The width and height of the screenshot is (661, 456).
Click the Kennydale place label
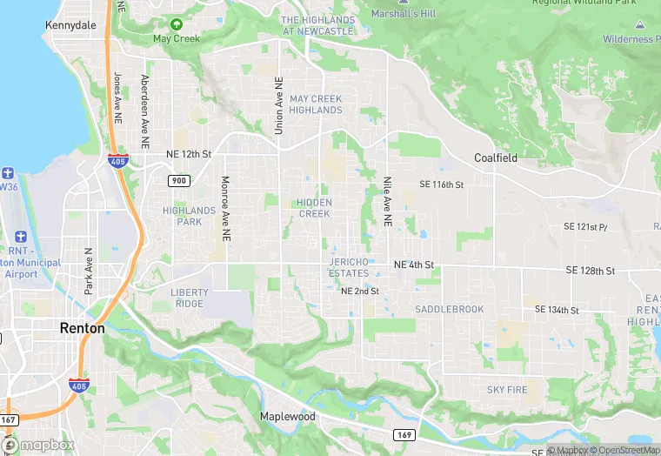pyautogui.click(x=70, y=26)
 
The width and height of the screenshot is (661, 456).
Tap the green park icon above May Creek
pyautogui.click(x=177, y=24)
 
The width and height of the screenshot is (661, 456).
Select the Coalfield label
pyautogui.click(x=496, y=158)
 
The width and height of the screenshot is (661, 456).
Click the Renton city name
pyautogui.click(x=82, y=328)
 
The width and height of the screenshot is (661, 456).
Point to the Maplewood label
pyautogui.click(x=288, y=417)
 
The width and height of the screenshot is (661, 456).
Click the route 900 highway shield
pyautogui.click(x=179, y=180)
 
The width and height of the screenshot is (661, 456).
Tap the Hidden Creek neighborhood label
pyautogui.click(x=314, y=208)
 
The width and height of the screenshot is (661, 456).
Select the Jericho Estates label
pyautogui.click(x=349, y=267)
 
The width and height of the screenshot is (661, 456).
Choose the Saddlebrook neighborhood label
pyautogui.click(x=449, y=309)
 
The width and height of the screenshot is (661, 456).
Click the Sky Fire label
pyautogui.click(x=507, y=390)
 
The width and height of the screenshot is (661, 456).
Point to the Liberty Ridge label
pyautogui.click(x=189, y=298)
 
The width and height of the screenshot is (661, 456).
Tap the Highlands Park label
pyautogui.click(x=189, y=216)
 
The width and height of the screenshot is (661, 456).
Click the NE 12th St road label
pyautogui.click(x=189, y=154)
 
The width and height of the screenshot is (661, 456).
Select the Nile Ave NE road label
pyautogui.click(x=387, y=202)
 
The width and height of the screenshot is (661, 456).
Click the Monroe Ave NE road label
pyautogui.click(x=225, y=209)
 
